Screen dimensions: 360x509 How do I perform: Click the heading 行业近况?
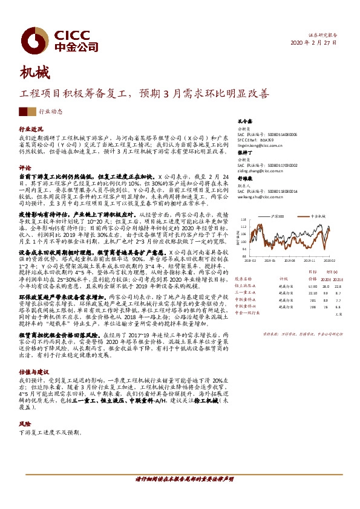point(31,129)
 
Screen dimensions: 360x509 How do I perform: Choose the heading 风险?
point(25,424)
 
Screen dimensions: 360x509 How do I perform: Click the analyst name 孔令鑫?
point(244,121)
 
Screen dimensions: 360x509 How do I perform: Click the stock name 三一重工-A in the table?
point(245,293)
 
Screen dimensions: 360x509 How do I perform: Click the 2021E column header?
point(339,279)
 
